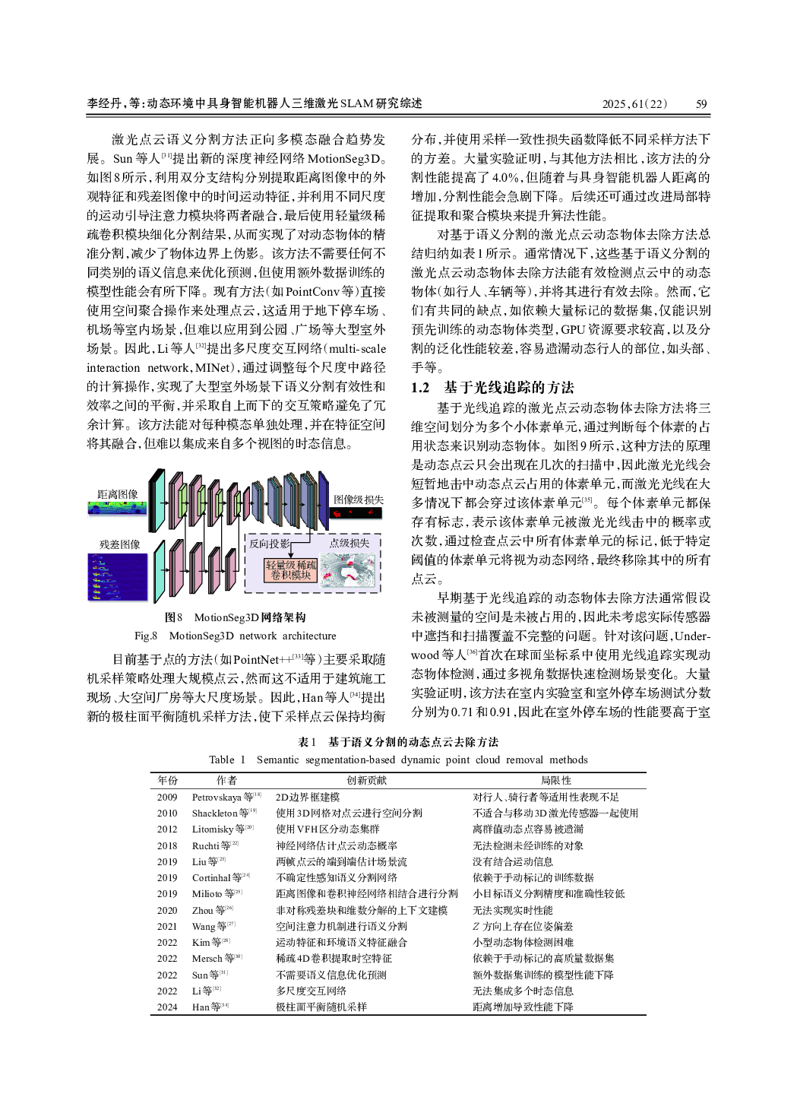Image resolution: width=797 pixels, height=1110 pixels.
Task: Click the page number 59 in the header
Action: coord(701,104)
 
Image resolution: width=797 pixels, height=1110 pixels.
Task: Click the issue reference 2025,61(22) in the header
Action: coord(635,104)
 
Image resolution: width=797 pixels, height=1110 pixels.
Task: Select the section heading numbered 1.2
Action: coord(492,387)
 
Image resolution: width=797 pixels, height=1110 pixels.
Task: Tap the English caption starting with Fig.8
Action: coord(235,636)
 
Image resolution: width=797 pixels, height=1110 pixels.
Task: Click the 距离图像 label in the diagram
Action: coord(118,494)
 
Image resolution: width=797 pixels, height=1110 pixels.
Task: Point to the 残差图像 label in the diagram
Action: coord(119,544)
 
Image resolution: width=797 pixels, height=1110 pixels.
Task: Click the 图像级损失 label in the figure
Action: coord(359,499)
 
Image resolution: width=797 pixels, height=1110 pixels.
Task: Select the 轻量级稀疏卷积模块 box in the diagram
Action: coord(291,569)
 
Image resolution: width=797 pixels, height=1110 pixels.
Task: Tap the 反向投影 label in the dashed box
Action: coord(269,544)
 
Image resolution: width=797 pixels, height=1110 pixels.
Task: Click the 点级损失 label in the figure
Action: coord(349,543)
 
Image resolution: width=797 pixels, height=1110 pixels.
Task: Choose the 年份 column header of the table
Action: coord(168,780)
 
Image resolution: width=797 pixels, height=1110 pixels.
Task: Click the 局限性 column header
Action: coord(555,780)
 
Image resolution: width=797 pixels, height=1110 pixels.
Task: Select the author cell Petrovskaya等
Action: coord(226,797)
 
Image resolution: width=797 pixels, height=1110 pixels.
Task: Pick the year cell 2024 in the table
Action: coord(167,1007)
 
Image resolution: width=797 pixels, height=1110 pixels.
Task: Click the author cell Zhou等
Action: coord(212,910)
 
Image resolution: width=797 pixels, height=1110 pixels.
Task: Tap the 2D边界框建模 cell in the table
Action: coord(307,797)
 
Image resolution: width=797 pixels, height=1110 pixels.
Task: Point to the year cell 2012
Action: coord(167,829)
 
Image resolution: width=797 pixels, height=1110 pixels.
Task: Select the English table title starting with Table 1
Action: coord(398,760)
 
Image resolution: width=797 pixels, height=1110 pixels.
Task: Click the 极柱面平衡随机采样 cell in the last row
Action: coord(321,1007)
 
